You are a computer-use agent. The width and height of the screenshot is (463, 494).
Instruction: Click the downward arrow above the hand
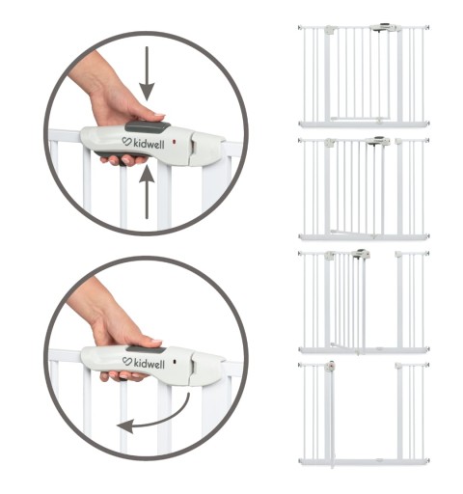click(147, 74)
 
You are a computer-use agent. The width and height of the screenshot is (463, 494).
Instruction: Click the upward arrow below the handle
click(147, 192)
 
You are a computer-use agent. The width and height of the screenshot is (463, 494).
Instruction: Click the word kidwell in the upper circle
click(149, 144)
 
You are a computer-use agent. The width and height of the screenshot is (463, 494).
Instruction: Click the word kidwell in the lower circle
click(149, 363)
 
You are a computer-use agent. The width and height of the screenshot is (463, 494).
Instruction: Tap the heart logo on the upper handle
click(127, 141)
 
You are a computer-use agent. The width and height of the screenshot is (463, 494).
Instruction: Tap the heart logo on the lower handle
click(127, 361)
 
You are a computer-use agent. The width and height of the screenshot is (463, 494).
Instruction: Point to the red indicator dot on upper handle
click(175, 142)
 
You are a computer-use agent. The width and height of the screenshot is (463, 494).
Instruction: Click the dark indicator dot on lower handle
click(175, 362)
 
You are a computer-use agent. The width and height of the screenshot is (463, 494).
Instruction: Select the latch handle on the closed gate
click(385, 27)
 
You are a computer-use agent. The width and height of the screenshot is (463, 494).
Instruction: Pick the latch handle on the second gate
click(378, 141)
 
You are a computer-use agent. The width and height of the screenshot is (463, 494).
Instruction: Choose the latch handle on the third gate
click(361, 254)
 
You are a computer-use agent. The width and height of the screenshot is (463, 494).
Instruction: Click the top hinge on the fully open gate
click(330, 367)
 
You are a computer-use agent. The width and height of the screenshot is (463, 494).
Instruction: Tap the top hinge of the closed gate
click(330, 30)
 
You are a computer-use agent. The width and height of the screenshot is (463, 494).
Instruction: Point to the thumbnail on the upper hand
click(159, 115)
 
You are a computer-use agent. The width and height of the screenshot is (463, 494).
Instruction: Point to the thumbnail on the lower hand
click(156, 341)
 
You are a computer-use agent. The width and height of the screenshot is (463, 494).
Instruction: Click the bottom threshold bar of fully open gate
click(364, 462)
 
